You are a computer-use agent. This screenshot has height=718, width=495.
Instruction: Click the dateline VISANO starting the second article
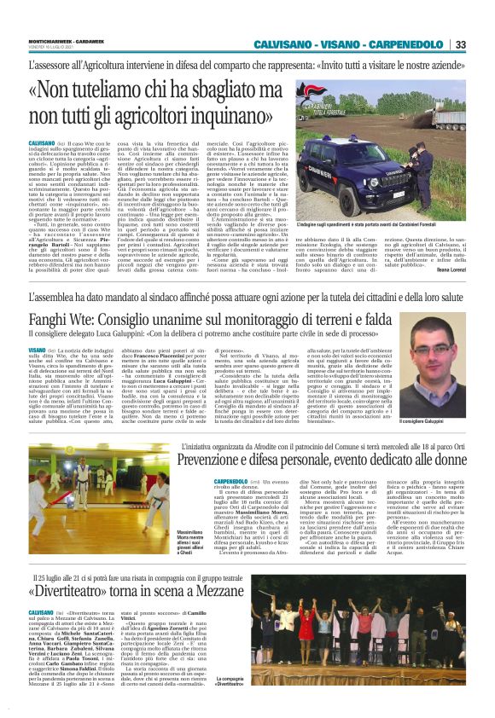(x=39, y=350)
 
